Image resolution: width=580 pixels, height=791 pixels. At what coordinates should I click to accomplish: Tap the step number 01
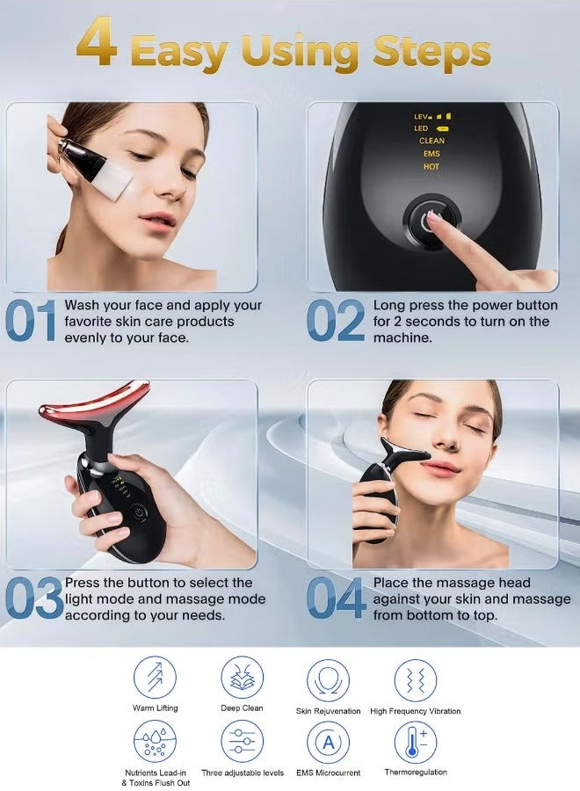(x=31, y=321)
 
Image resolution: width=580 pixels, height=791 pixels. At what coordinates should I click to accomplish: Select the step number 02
(x=335, y=321)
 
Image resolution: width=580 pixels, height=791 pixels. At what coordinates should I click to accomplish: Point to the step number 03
(x=33, y=599)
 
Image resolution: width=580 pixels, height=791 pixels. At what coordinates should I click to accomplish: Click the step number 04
(x=336, y=599)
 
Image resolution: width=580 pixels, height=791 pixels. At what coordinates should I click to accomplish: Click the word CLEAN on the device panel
(x=431, y=141)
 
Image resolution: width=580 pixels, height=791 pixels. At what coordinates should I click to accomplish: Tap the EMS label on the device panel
(x=431, y=154)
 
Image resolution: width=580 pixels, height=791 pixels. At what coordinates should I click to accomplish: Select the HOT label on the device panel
(x=431, y=167)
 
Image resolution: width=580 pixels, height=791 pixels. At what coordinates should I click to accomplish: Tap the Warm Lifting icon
(x=155, y=679)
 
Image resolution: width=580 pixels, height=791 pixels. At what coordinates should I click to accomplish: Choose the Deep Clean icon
(x=242, y=679)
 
